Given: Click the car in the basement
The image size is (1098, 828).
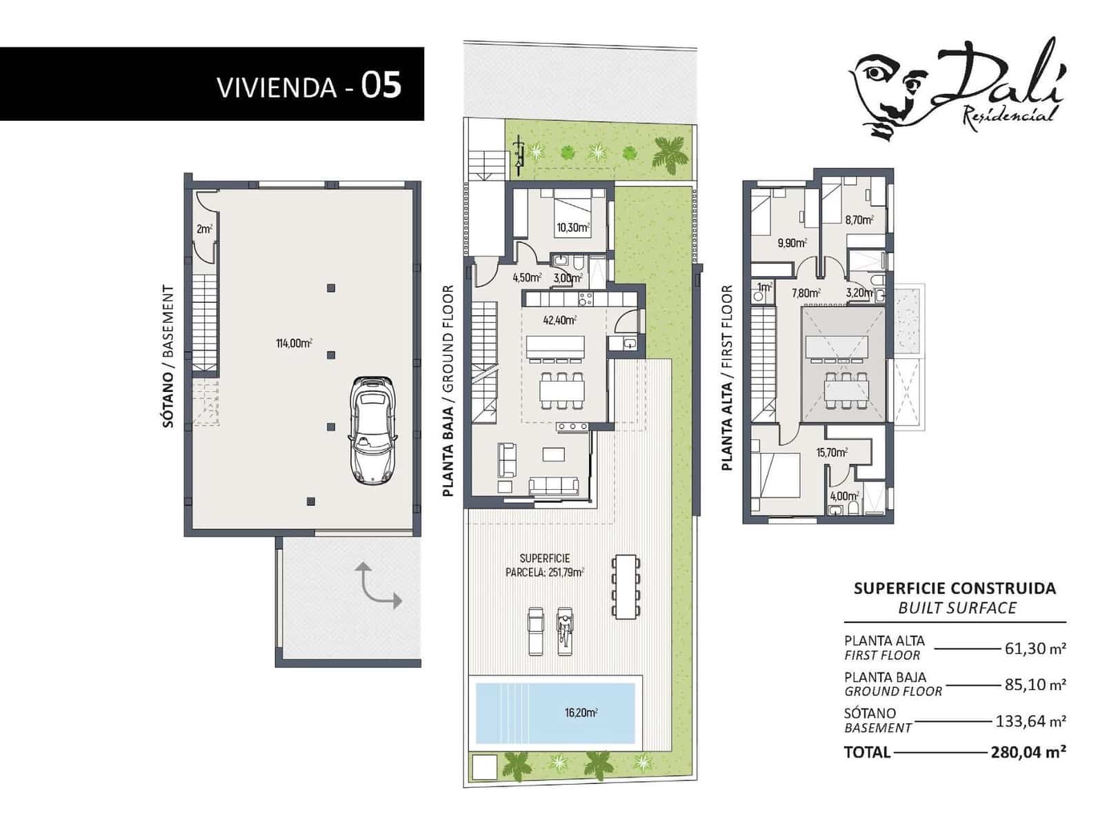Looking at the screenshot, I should [372, 431].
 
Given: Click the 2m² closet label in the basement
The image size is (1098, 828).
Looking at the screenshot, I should [204, 228].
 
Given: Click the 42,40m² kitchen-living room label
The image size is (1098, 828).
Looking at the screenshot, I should [559, 320].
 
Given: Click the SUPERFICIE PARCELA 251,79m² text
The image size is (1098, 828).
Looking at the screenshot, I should [545, 565].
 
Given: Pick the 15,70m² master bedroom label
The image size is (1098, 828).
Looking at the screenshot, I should [832, 453].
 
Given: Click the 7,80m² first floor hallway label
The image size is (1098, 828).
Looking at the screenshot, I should [806, 293].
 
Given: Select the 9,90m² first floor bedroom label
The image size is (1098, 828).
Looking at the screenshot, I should [792, 243].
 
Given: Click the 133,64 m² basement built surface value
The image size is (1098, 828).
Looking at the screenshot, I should [1030, 722].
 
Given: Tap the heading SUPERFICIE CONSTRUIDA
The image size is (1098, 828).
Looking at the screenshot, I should [955, 589].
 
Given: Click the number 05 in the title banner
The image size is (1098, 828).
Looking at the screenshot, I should [381, 86].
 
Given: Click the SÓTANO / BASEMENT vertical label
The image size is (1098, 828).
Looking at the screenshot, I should [168, 357].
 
